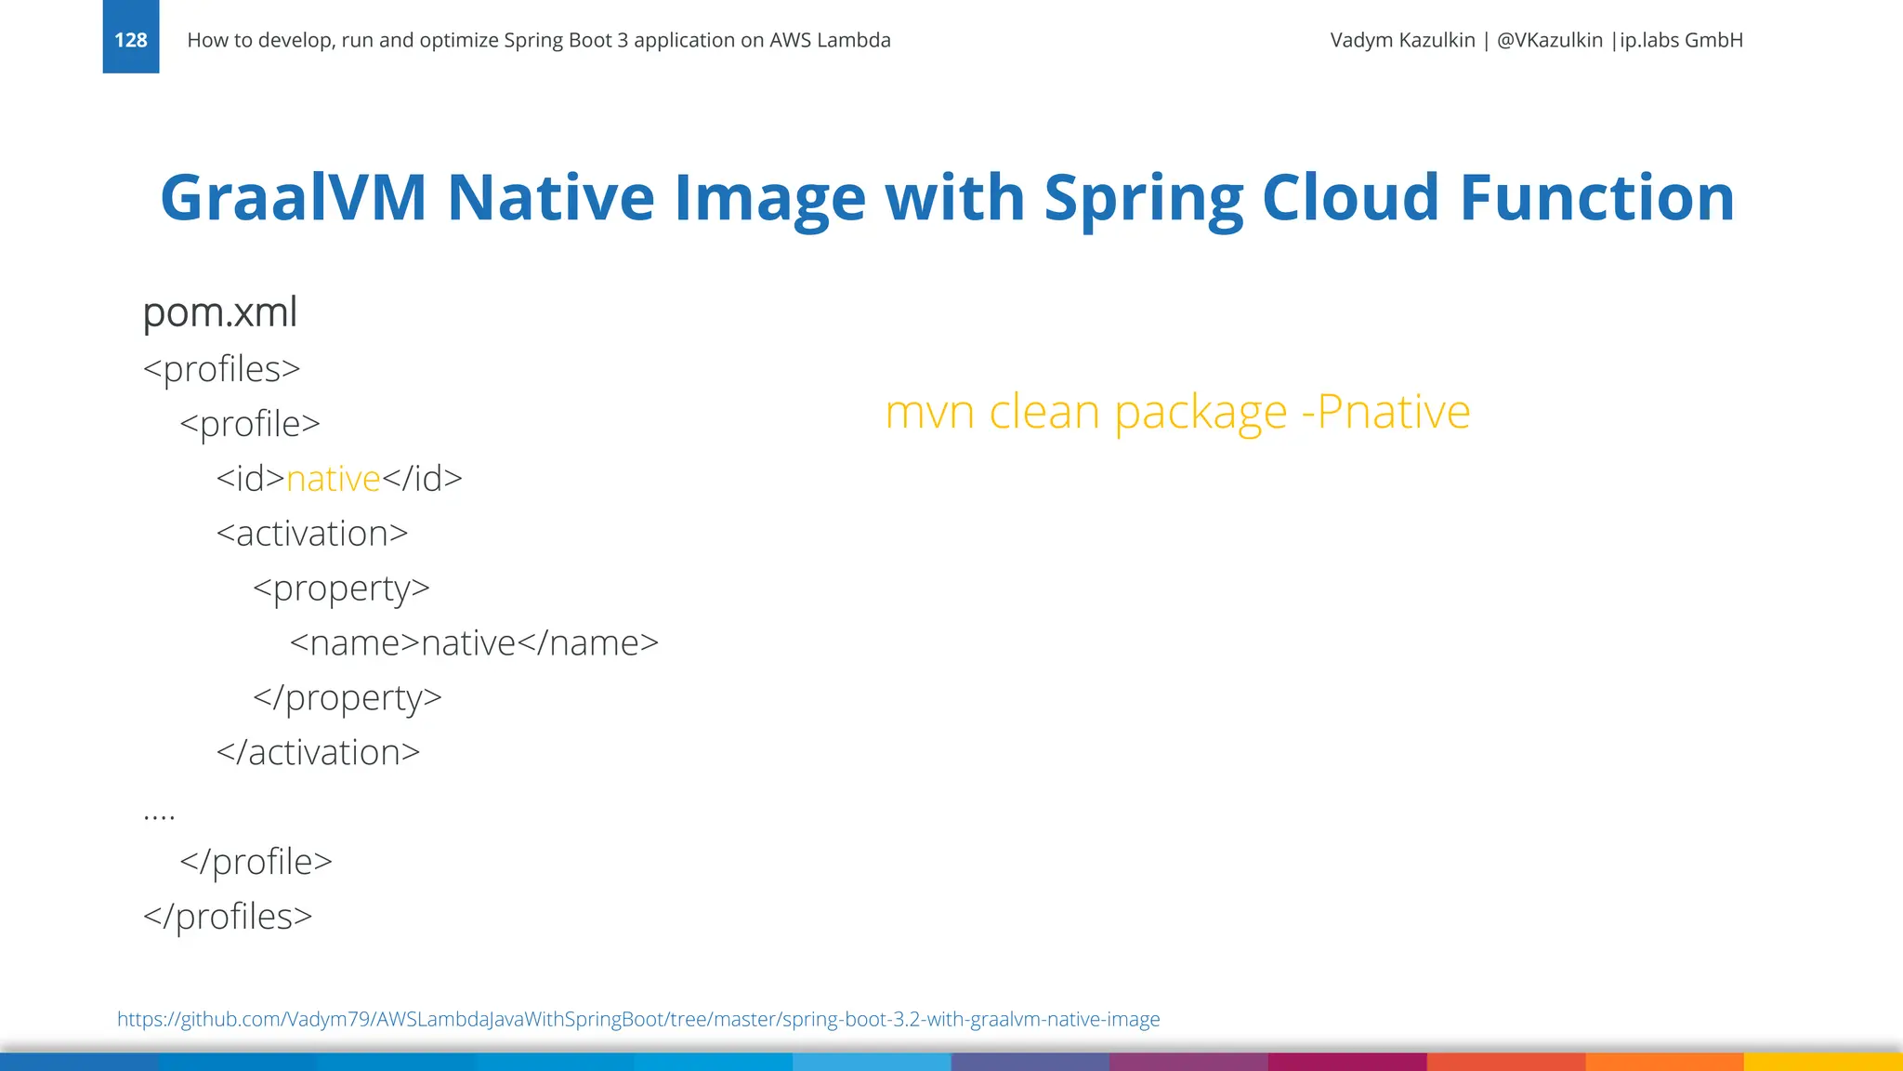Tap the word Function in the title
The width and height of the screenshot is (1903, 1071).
pos(1596,198)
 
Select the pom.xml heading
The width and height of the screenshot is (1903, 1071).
pos(220,312)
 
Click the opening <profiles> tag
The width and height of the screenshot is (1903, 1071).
pos(222,369)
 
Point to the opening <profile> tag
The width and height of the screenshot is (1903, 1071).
pos(250,424)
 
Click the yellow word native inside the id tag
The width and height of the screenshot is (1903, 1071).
pos(334,479)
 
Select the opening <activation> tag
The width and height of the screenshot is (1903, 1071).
pos(312,534)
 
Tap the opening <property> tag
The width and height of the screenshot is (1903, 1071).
pos(341,588)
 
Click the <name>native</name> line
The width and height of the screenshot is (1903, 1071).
pos(474,643)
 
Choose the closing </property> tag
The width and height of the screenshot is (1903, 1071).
pos(348,698)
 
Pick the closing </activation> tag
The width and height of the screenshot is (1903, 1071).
pos(318,753)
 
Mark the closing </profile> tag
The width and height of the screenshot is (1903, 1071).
pos(256,862)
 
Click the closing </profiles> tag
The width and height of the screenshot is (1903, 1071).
pos(228,917)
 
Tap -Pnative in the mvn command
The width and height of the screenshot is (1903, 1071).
pos(1385,412)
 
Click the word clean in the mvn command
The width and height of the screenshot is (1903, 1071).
pos(1044,412)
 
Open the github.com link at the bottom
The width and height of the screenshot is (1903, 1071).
pos(638,1019)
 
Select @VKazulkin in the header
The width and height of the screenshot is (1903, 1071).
pos(1549,40)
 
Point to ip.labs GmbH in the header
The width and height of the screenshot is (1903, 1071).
pos(1681,40)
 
